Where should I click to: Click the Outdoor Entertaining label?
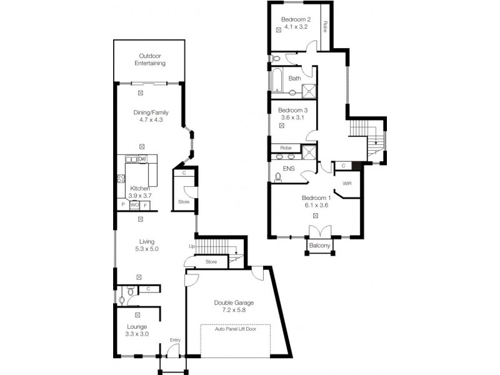(150, 59)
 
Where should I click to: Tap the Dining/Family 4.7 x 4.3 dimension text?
(151, 120)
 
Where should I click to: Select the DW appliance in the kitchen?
(142, 159)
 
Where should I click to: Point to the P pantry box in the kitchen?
(123, 204)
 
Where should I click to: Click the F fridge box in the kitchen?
(145, 206)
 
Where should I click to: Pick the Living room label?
(147, 242)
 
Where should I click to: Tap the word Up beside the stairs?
(192, 246)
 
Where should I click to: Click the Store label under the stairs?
(211, 262)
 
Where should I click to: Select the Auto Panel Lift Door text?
(236, 329)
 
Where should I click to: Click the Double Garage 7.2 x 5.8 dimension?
(234, 310)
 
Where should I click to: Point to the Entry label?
(175, 340)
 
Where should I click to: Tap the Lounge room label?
(137, 327)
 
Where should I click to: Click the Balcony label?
(319, 246)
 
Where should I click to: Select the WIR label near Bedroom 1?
(347, 184)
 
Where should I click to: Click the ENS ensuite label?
(289, 169)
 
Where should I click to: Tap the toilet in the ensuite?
(278, 177)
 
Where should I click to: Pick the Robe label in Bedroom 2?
(325, 26)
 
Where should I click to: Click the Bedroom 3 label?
(292, 111)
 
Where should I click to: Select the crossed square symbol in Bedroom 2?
(279, 30)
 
